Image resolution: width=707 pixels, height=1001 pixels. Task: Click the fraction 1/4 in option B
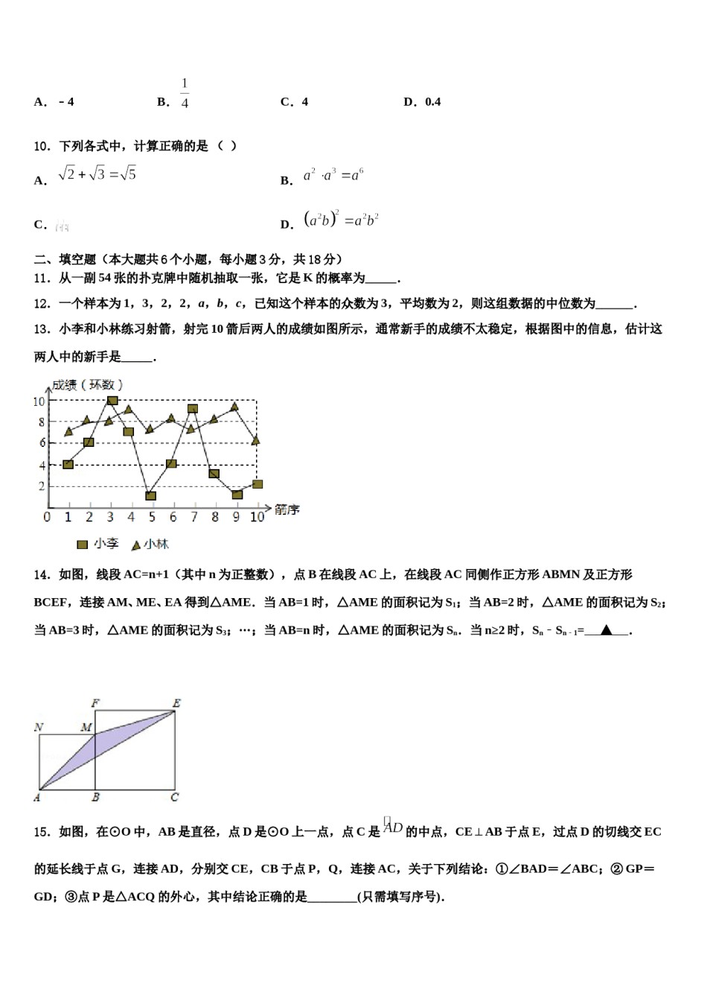point(185,94)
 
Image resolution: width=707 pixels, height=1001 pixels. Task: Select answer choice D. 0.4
point(422,102)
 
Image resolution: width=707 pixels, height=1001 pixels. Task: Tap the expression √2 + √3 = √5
point(97,174)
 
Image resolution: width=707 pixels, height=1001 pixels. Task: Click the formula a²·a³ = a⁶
point(333,176)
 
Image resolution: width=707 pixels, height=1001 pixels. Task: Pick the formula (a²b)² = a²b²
point(342,220)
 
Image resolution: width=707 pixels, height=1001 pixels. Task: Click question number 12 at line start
point(42,304)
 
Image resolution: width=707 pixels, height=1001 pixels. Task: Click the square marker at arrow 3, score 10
point(112,401)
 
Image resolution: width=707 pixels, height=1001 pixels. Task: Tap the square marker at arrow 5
point(151,495)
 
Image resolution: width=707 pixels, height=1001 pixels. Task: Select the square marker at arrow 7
point(193,409)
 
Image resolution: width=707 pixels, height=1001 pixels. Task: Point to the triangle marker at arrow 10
point(256,441)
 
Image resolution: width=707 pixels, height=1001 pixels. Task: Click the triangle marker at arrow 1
point(68,431)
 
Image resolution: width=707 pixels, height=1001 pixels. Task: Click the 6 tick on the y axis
point(42,443)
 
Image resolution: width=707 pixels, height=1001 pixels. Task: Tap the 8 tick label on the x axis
point(214,517)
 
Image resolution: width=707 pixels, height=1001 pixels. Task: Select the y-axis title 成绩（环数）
point(87,385)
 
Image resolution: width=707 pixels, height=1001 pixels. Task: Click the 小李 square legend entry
point(97,544)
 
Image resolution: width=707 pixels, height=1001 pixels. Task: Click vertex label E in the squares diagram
point(176,703)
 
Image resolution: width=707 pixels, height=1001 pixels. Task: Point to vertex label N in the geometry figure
point(39,727)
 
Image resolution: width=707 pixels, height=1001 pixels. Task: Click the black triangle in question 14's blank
point(606,631)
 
